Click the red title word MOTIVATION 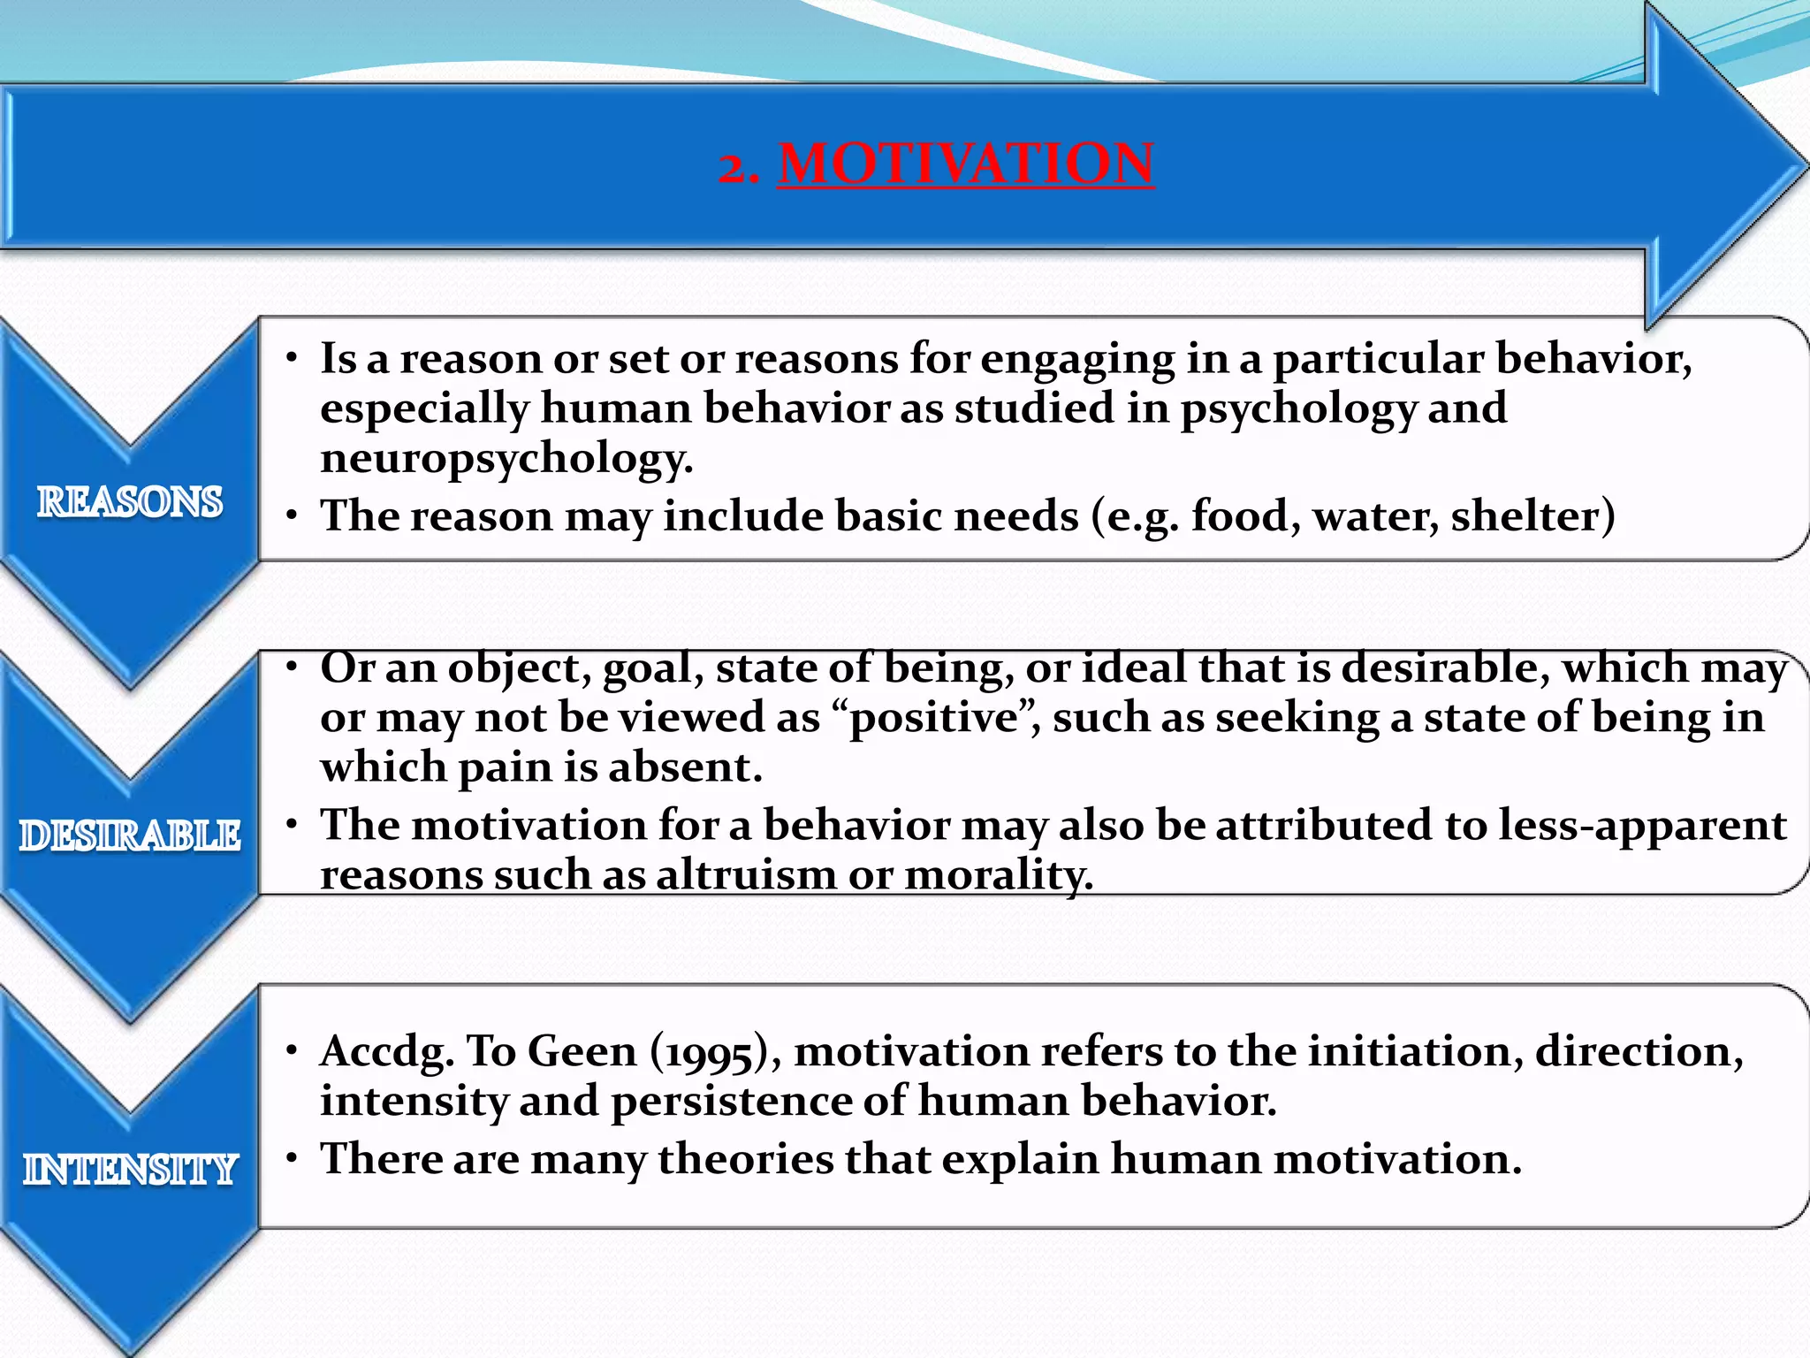(965, 164)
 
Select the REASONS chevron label (130, 501)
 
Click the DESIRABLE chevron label (130, 835)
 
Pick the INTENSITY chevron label (130, 1169)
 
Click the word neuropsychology (506, 458)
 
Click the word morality (998, 874)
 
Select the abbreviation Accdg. (386, 1052)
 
